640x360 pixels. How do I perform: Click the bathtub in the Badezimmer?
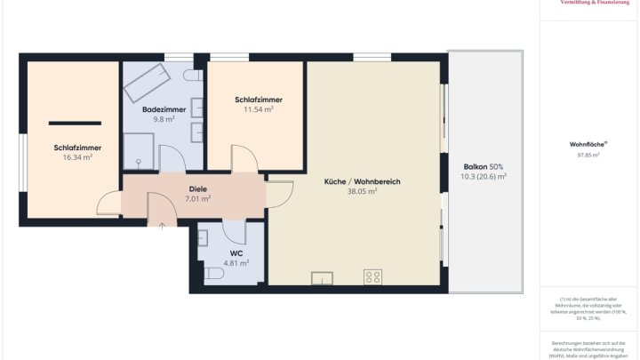click(x=147, y=84)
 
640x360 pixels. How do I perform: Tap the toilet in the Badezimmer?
click(x=197, y=79)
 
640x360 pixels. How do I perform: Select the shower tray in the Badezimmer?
click(x=139, y=151)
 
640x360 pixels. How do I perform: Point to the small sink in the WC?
click(x=203, y=237)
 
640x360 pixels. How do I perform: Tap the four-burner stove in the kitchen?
click(x=372, y=276)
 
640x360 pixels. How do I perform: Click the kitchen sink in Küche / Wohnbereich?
click(x=321, y=279)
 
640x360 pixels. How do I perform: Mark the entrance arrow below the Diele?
click(x=162, y=224)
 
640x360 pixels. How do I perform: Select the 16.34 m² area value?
click(x=76, y=157)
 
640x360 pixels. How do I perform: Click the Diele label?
click(x=197, y=188)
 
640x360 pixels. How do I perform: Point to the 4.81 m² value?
click(x=236, y=263)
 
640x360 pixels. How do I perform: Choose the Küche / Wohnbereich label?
click(x=362, y=181)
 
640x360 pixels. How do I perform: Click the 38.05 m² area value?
click(x=362, y=191)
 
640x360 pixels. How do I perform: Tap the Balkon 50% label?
click(x=483, y=167)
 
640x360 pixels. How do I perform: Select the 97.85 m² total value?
click(x=588, y=155)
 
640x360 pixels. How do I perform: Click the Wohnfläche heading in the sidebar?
click(x=588, y=144)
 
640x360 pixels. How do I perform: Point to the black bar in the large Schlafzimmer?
click(x=74, y=124)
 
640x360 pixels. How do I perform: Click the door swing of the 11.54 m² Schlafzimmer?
click(x=243, y=161)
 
